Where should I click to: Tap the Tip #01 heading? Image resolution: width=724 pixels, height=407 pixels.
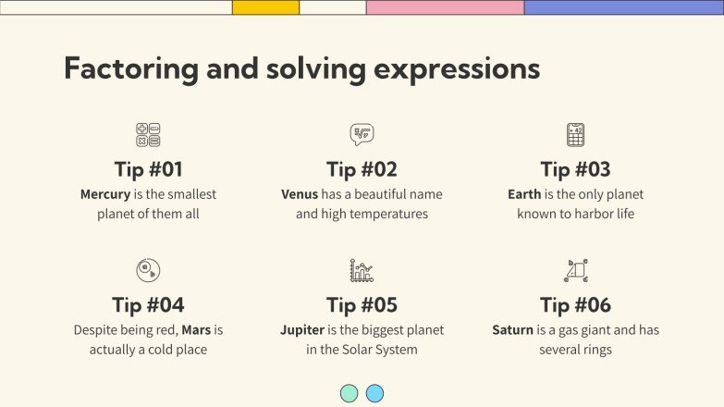point(148,170)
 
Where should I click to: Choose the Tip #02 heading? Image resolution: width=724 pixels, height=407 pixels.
point(362,170)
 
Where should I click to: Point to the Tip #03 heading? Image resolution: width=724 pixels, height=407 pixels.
point(575,170)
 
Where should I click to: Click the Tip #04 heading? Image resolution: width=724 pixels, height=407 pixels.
point(148,305)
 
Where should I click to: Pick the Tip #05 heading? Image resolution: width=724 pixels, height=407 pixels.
point(362,305)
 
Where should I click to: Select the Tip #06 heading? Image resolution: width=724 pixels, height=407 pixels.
point(575,305)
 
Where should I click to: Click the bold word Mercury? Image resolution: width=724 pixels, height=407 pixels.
point(105,194)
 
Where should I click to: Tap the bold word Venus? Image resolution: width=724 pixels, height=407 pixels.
point(300,194)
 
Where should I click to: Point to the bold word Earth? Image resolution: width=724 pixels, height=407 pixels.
point(524,194)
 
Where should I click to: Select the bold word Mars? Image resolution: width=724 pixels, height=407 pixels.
point(197,330)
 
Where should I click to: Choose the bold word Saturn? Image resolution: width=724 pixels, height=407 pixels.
point(512,330)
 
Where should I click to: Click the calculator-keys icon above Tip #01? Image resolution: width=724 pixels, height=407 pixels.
point(148,135)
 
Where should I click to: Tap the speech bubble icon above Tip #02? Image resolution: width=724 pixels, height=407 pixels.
point(362,135)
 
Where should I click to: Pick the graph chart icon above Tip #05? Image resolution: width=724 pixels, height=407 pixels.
point(362,270)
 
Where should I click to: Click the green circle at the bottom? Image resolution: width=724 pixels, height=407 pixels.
point(349,393)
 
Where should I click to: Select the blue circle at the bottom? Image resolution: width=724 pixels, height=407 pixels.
point(374,393)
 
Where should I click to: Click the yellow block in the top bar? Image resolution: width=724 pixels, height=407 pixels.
point(265,7)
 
